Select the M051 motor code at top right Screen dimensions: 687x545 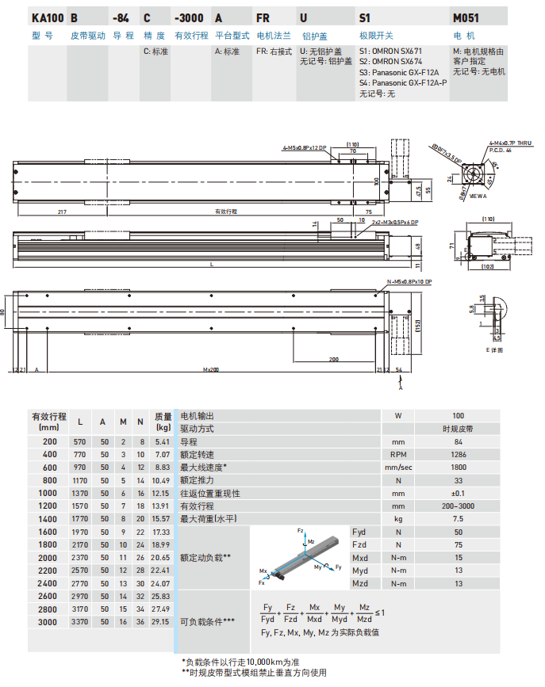point(466,17)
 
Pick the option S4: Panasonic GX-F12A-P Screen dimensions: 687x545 point(402,82)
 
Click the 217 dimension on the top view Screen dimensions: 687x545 point(62,212)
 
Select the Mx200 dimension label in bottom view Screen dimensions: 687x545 point(210,369)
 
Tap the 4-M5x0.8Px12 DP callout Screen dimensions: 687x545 point(304,148)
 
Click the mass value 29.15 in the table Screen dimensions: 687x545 point(162,623)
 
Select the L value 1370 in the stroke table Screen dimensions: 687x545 point(81,493)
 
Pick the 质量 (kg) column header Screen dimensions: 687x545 point(163,422)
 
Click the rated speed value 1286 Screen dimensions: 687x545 point(459,454)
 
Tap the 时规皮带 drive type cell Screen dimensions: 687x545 point(459,428)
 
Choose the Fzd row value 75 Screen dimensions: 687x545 point(459,545)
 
